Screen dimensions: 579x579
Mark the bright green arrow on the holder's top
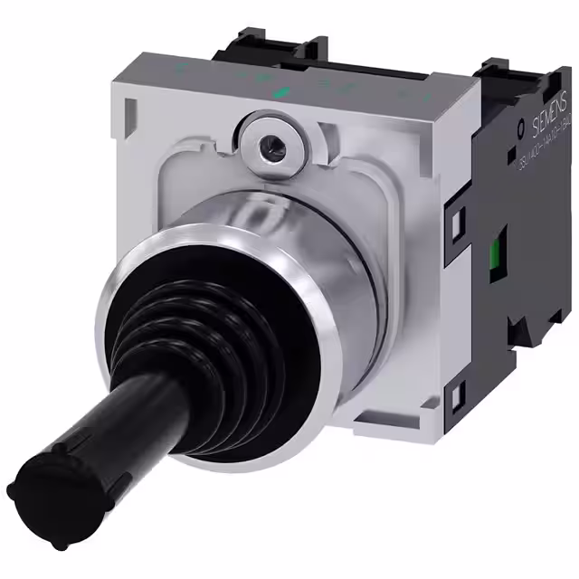(x=280, y=91)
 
